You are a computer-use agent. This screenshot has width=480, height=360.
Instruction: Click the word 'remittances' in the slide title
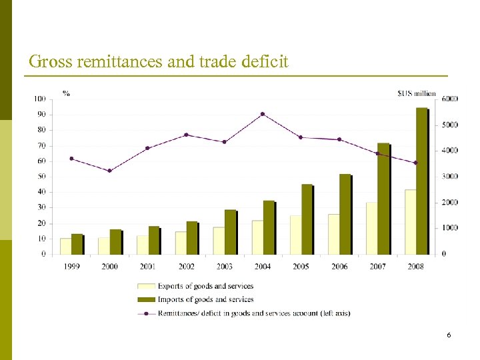(110, 62)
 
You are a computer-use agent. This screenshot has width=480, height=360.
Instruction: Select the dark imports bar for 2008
(421, 181)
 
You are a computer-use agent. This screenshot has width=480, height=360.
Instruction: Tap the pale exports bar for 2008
(410, 221)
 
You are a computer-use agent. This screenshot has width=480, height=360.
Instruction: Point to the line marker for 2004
(263, 114)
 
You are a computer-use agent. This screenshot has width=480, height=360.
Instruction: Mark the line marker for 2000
(109, 171)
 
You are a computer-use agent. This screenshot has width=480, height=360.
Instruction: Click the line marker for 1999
(71, 159)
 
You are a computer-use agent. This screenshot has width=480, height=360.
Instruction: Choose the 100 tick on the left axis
(40, 99)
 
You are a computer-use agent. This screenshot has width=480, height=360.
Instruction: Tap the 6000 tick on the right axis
(450, 99)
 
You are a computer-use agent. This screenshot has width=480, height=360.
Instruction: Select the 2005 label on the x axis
(300, 266)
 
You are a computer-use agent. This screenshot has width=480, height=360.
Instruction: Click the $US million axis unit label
(417, 93)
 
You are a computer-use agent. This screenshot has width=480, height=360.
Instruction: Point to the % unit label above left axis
(66, 93)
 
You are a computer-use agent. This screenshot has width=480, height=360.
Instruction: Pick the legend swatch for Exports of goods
(146, 286)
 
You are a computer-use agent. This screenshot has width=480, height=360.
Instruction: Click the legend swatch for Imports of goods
(146, 299)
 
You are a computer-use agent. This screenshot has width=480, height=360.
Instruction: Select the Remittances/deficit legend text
(253, 313)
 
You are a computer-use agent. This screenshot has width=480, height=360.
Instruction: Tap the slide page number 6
(449, 335)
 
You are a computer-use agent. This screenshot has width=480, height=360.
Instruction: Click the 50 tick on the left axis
(41, 177)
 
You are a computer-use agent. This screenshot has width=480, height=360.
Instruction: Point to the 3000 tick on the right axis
(450, 177)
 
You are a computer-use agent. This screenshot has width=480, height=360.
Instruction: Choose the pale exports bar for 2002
(181, 243)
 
